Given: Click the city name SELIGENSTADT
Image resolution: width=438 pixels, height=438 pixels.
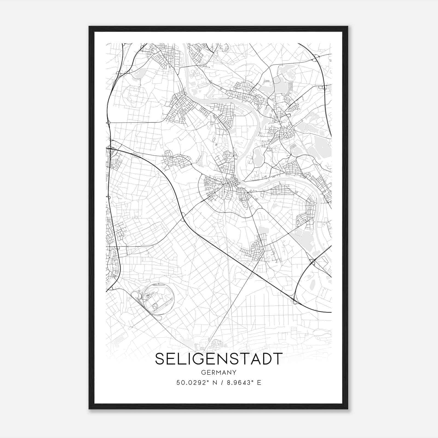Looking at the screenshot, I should (x=219, y=359).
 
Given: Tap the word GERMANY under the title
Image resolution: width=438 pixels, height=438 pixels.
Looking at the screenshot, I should (x=219, y=373).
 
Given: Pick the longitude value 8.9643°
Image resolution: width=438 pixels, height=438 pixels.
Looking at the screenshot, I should (x=239, y=383).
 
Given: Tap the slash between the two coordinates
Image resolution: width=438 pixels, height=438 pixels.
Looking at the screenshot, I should (x=221, y=383).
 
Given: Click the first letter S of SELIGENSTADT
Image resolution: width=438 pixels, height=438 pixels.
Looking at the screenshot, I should (x=160, y=359).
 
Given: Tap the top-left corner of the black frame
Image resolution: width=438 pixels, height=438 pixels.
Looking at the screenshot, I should (x=90, y=27).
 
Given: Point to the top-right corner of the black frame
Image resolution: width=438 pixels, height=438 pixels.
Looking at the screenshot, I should (x=347, y=27).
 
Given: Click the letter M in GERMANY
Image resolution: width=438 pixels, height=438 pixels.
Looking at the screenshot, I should (x=219, y=373).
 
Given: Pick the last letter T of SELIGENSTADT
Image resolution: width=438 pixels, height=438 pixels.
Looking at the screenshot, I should (x=278, y=359).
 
